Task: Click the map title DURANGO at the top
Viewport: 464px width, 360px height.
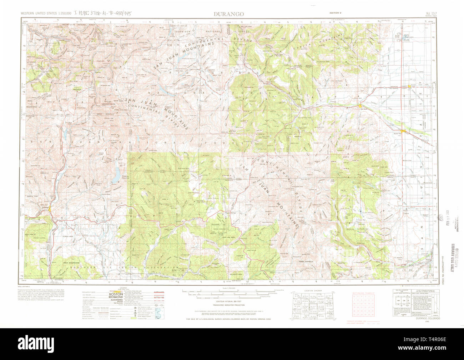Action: (229, 14)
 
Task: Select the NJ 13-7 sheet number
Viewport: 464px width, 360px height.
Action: (432, 14)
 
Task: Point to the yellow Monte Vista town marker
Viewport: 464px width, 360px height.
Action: (403, 131)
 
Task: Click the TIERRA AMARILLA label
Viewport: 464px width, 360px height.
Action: (306, 261)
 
